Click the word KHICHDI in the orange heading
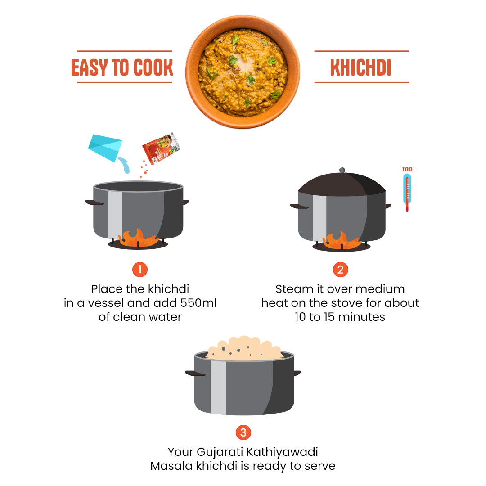coord(361,67)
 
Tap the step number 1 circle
coord(140,270)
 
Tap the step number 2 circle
coord(341,270)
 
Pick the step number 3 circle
coord(243,432)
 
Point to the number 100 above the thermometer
coord(407,170)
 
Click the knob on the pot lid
coord(342,171)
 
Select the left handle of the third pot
coord(194,373)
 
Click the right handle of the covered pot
coord(388,206)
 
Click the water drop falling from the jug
coord(127,168)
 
